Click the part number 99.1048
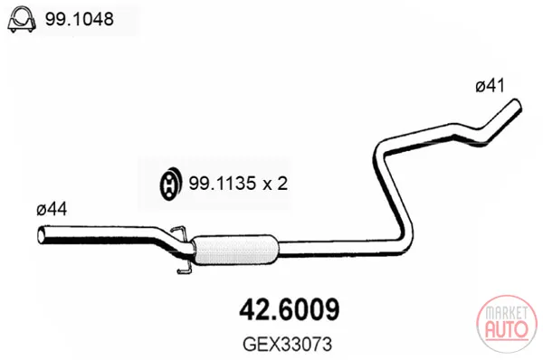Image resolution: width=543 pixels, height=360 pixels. [x=80, y=19]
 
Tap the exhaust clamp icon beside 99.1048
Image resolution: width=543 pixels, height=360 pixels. [x=22, y=19]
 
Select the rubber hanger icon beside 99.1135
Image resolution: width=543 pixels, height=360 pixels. [x=170, y=184]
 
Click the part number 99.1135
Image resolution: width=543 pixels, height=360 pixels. [x=223, y=183]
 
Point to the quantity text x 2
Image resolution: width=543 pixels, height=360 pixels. [x=275, y=183]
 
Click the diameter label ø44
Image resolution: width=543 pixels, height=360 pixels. [x=52, y=209]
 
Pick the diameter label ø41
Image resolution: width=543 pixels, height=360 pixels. [x=491, y=86]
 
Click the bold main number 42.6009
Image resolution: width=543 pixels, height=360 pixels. [x=290, y=310]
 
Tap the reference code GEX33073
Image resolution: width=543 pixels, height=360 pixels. [x=288, y=344]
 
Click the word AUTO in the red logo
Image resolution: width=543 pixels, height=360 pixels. [x=507, y=329]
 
